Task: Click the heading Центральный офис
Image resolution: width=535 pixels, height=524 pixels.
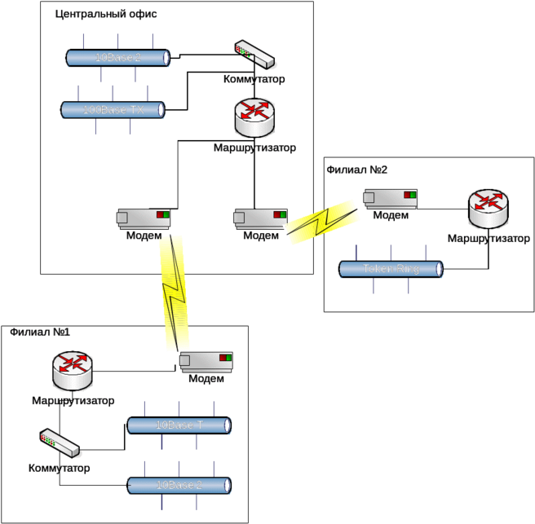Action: pyautogui.click(x=107, y=14)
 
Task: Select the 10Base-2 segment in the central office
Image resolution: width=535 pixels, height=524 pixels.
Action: pyautogui.click(x=117, y=58)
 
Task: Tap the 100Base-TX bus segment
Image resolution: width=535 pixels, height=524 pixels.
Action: pyautogui.click(x=113, y=108)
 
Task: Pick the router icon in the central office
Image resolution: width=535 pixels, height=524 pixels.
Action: pyautogui.click(x=254, y=119)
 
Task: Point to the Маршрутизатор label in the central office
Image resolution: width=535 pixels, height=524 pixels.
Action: pyautogui.click(x=254, y=148)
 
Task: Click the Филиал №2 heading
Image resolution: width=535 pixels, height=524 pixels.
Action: pyautogui.click(x=356, y=170)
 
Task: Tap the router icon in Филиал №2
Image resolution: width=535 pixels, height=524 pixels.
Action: pyautogui.click(x=489, y=209)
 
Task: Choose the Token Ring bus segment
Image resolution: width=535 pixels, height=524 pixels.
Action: pyautogui.click(x=391, y=269)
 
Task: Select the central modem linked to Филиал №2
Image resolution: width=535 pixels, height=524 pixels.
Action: pyautogui.click(x=260, y=218)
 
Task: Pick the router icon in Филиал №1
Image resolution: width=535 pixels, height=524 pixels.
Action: pyautogui.click(x=73, y=371)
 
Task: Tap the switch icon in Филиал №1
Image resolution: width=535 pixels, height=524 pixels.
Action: pyautogui.click(x=60, y=444)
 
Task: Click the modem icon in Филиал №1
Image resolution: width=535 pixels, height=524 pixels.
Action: pyautogui.click(x=206, y=360)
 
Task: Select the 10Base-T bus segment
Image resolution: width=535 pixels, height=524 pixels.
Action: pyautogui.click(x=179, y=425)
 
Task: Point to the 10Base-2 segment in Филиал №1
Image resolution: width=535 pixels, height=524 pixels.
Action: pyautogui.click(x=179, y=485)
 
